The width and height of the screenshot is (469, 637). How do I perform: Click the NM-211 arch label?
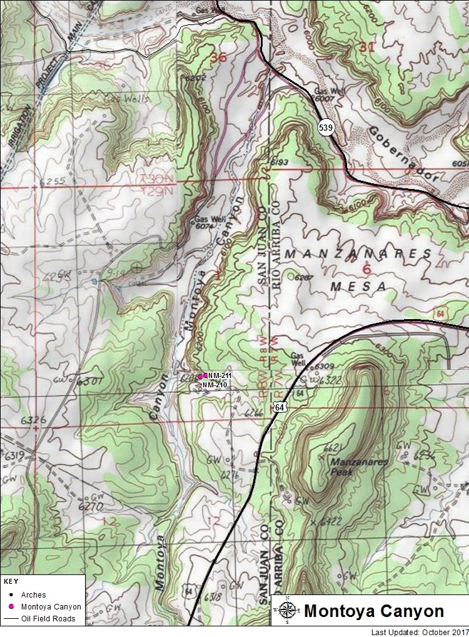click(x=220, y=375)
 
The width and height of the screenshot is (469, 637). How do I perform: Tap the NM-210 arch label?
click(x=214, y=385)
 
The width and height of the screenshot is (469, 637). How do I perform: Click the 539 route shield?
click(x=325, y=128)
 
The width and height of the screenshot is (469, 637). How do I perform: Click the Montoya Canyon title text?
click(x=373, y=611)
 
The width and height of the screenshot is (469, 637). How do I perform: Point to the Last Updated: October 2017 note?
click(x=419, y=632)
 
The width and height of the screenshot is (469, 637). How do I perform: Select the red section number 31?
click(x=369, y=46)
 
